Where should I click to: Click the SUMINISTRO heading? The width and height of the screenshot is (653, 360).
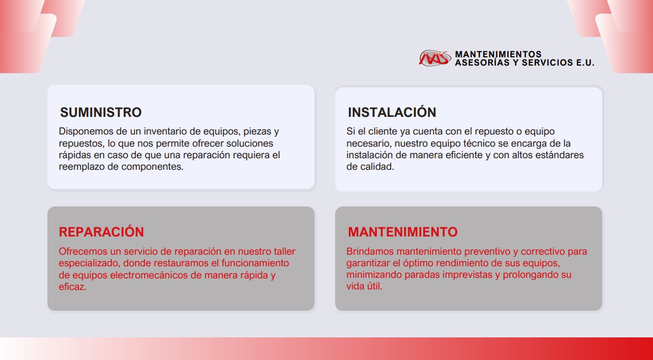(x=101, y=112)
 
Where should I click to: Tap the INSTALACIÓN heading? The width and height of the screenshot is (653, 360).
(x=392, y=112)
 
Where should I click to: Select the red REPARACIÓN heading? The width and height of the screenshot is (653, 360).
(x=101, y=232)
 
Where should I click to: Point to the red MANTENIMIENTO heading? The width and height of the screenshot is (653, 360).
(x=403, y=232)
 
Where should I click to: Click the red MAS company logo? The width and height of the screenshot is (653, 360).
(x=435, y=58)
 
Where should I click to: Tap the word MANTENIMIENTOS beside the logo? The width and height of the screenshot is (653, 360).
(x=498, y=54)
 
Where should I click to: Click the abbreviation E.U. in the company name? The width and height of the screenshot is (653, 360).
(x=585, y=63)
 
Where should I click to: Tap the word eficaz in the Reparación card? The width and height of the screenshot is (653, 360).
(x=72, y=287)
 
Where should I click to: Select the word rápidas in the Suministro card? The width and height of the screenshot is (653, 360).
(x=74, y=155)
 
